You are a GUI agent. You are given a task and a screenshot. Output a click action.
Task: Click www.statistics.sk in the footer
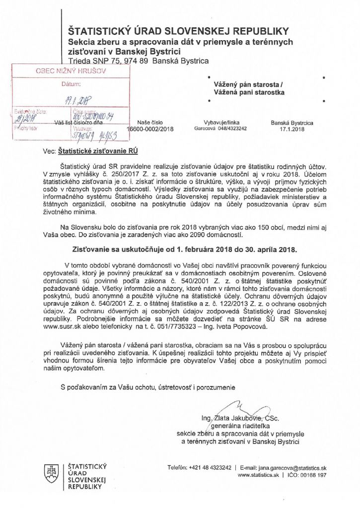[259, 475]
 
